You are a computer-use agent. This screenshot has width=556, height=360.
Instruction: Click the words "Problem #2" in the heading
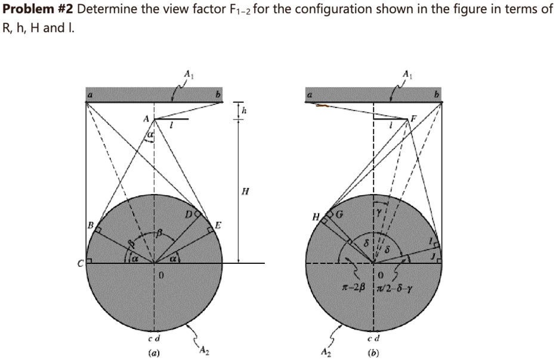(x=38, y=10)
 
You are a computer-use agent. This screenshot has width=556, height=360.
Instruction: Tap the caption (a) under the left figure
(x=155, y=353)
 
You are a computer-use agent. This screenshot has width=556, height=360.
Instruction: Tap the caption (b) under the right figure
(x=374, y=353)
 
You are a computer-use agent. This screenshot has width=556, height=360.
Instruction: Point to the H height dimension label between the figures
(x=245, y=192)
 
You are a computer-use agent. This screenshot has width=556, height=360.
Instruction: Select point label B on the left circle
(x=91, y=225)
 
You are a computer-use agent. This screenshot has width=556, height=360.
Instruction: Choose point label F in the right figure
(x=410, y=119)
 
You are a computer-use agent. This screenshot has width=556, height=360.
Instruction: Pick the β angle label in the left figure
(x=160, y=233)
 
